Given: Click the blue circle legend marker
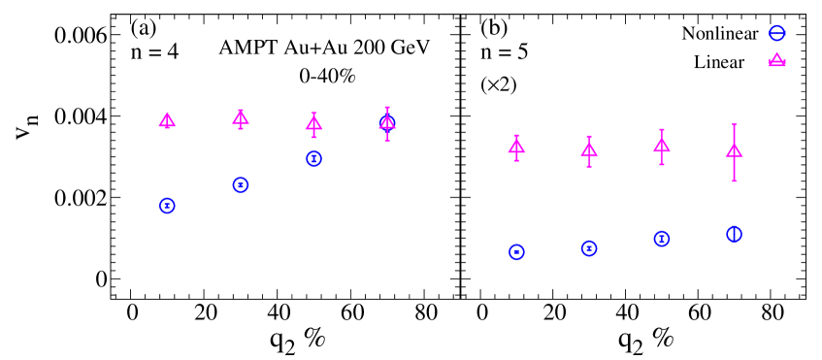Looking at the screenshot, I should [x=776, y=33].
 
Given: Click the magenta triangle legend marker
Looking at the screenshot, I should [x=776, y=60].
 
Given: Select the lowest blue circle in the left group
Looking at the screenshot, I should [x=167, y=206].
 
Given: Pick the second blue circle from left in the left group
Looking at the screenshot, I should [x=241, y=184].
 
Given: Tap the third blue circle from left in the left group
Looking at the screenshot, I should [x=313, y=158].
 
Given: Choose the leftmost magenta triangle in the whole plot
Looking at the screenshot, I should [x=167, y=120].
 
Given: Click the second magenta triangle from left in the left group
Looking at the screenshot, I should [x=241, y=117].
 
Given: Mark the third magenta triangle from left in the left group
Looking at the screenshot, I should [x=313, y=123].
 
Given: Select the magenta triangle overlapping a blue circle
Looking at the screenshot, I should [x=387, y=122].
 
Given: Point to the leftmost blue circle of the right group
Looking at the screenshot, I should [x=516, y=251].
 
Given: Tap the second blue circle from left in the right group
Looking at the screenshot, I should [x=589, y=248].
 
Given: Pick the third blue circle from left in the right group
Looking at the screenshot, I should [x=662, y=239].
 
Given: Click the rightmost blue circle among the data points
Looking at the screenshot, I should [x=734, y=234].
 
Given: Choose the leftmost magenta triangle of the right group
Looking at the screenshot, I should [x=516, y=147].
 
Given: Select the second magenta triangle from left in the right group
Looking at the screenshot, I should [x=589, y=149].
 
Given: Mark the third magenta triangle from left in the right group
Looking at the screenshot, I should [x=662, y=146].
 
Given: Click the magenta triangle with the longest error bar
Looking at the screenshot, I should [x=734, y=150].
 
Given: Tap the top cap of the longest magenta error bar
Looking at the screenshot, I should [x=734, y=125].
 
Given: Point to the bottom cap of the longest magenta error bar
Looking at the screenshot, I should [x=734, y=180].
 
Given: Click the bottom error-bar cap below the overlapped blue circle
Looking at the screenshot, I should [x=387, y=142].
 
